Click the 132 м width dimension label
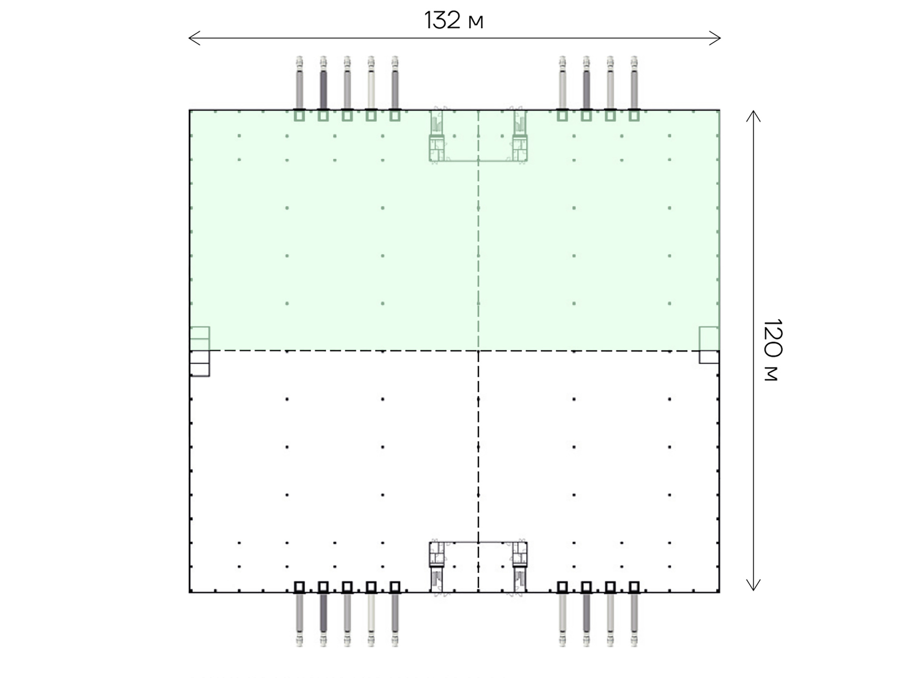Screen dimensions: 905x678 pos(453,20)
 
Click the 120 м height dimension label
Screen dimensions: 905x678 pos(772,350)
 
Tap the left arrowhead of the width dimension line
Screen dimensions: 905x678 pos(194,38)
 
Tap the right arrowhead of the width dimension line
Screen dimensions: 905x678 pos(715,38)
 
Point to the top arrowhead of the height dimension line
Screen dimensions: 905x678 pos(753,116)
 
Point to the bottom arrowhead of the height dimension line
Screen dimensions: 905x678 pos(753,585)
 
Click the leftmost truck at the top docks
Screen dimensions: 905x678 pos(299,82)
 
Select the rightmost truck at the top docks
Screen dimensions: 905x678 pos(634,82)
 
